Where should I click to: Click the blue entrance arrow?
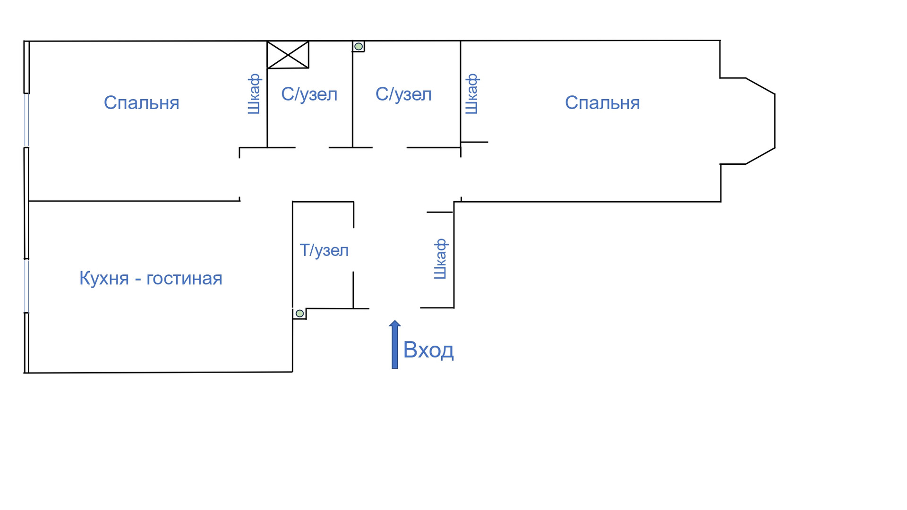394,345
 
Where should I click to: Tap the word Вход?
428,350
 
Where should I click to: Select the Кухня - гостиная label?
151,278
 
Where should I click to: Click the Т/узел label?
324,250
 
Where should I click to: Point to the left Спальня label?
141,103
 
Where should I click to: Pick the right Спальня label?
602,103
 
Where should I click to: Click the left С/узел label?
309,94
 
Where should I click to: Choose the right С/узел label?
403,94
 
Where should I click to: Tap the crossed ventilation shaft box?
288,55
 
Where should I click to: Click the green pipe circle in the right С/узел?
359,46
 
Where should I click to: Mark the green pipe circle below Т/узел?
299,314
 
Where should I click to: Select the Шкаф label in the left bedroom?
254,94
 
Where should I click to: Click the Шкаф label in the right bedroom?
472,94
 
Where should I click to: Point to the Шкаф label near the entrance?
440,259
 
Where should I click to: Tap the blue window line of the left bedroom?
26,120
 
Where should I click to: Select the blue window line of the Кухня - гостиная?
26,286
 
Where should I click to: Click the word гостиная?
184,278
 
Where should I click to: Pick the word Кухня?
104,278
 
